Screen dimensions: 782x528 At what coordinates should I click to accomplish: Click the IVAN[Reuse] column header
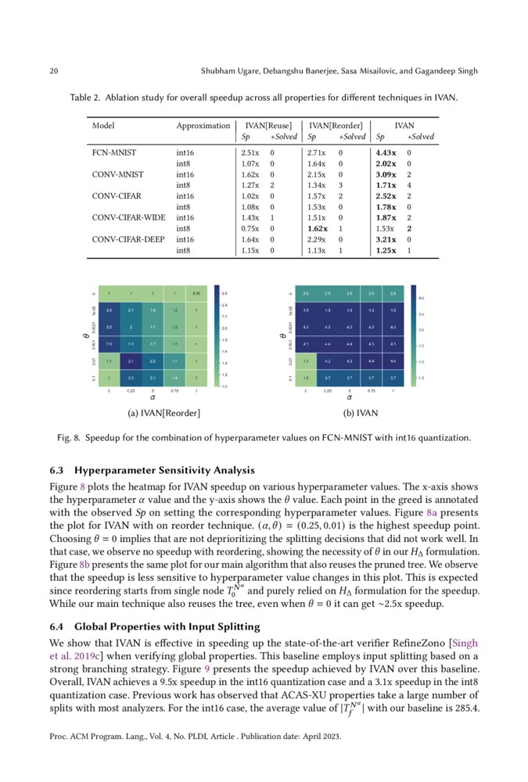[x=268, y=125]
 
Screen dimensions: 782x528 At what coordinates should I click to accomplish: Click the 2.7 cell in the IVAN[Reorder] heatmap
[x=131, y=361]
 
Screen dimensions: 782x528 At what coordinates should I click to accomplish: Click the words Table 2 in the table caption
[x=86, y=99]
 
